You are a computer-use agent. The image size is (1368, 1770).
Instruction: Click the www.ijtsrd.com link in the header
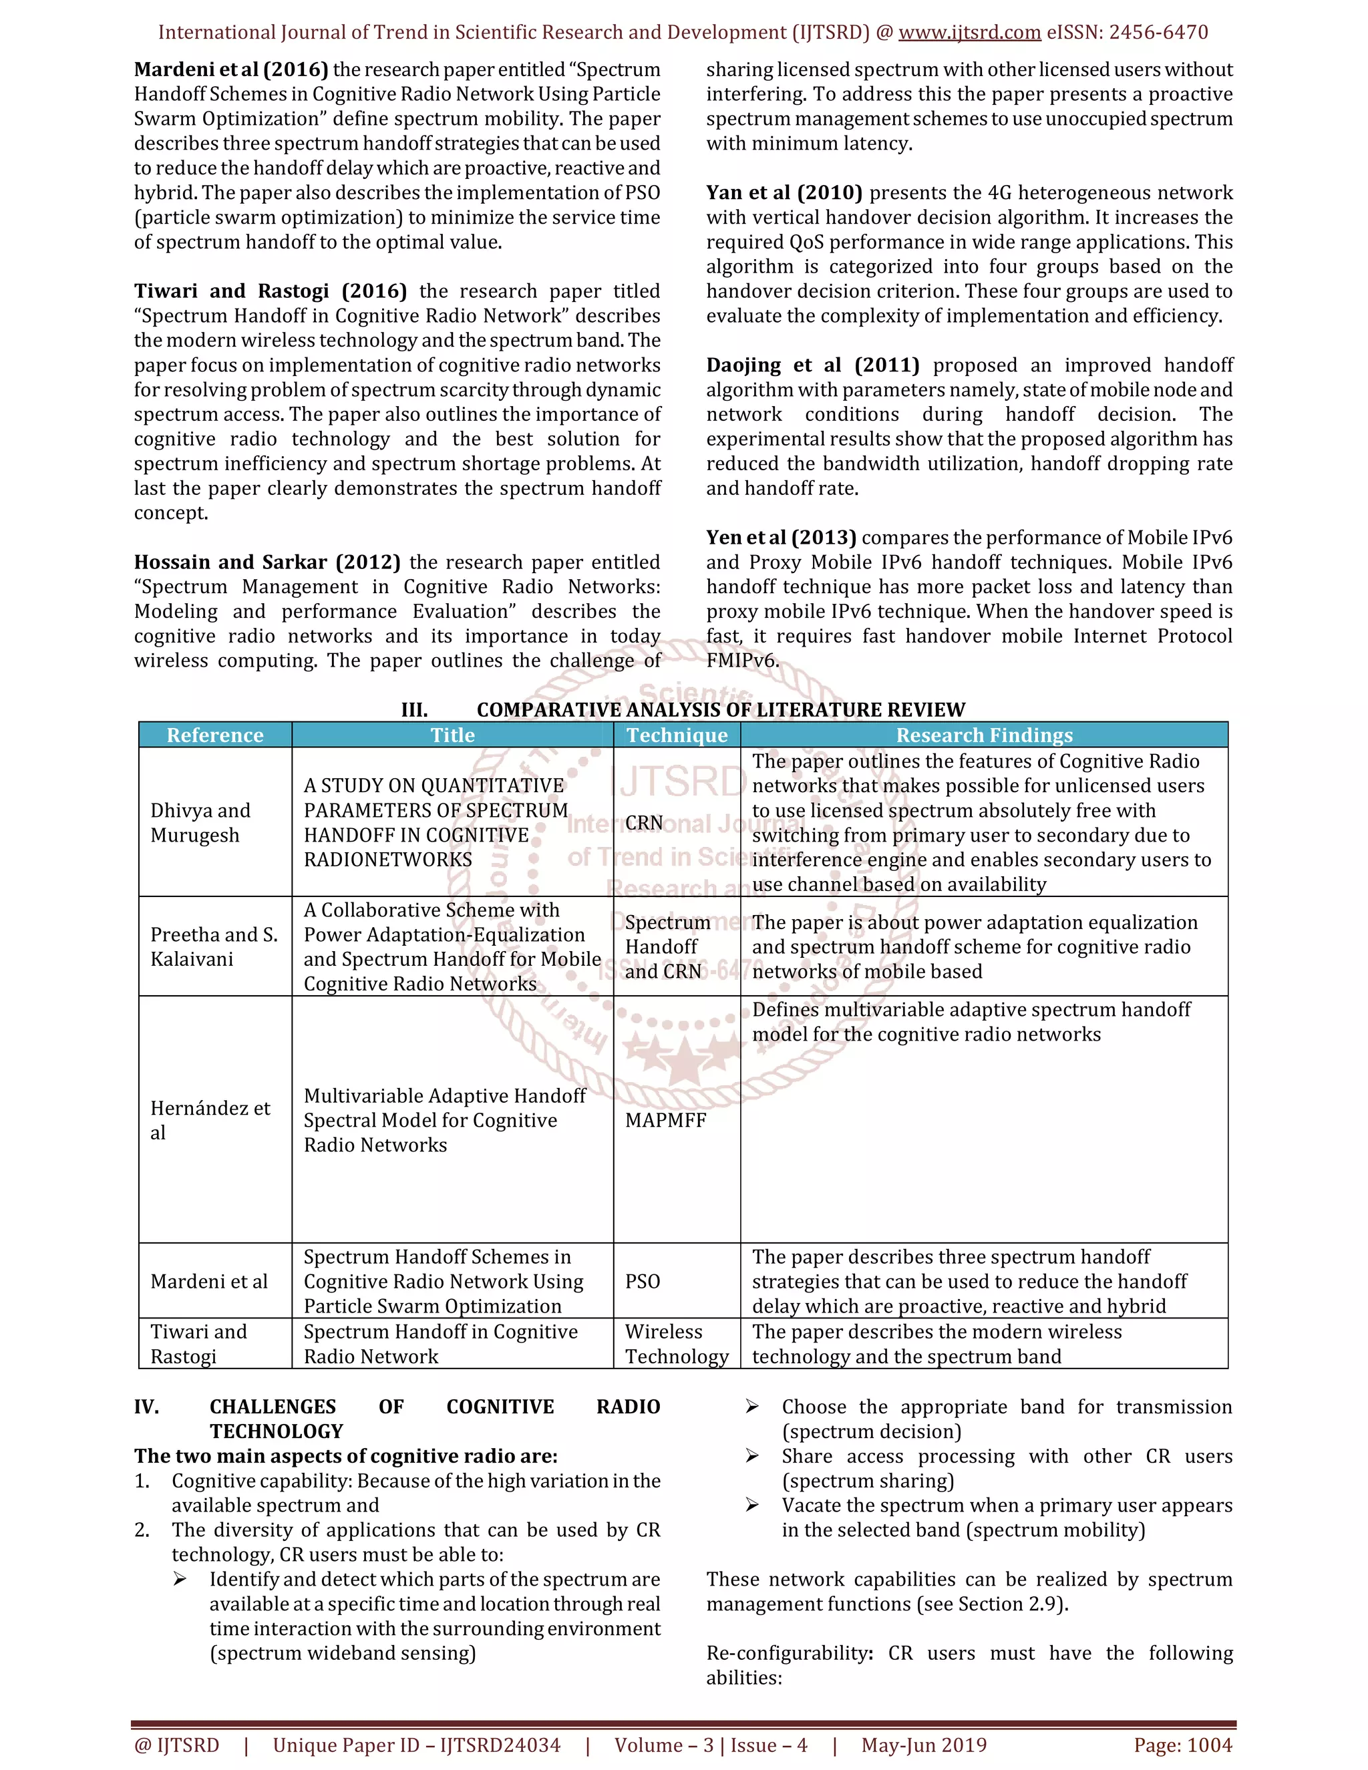tap(969, 33)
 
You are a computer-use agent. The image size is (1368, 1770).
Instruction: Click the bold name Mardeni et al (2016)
tap(231, 69)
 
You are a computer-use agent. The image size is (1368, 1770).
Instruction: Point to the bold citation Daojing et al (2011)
tap(812, 365)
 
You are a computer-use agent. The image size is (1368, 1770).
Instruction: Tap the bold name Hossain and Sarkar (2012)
tap(267, 562)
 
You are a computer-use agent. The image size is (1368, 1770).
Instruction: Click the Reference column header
tap(215, 735)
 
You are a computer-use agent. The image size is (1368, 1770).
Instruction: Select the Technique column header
tap(677, 735)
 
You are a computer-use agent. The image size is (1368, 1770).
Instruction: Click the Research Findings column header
tap(984, 735)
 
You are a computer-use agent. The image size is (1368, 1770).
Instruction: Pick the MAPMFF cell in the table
tap(665, 1120)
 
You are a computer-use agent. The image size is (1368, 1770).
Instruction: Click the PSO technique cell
tap(643, 1281)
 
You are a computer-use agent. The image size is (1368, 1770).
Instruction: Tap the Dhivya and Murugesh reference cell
tap(200, 823)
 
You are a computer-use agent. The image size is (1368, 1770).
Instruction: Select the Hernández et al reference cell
tap(210, 1120)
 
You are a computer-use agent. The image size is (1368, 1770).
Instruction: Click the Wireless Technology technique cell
tap(676, 1344)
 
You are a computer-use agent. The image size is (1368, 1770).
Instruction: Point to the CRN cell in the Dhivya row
tap(645, 823)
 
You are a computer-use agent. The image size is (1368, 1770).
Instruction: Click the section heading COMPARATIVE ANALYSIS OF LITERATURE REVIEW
tap(721, 710)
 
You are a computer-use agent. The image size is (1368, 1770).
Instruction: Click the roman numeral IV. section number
tap(147, 1407)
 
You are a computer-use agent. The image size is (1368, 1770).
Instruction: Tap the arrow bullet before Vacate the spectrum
tap(752, 1505)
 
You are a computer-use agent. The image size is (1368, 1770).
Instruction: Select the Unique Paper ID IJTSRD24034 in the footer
tap(417, 1745)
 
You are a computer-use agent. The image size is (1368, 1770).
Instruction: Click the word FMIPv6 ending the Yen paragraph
tap(741, 661)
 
